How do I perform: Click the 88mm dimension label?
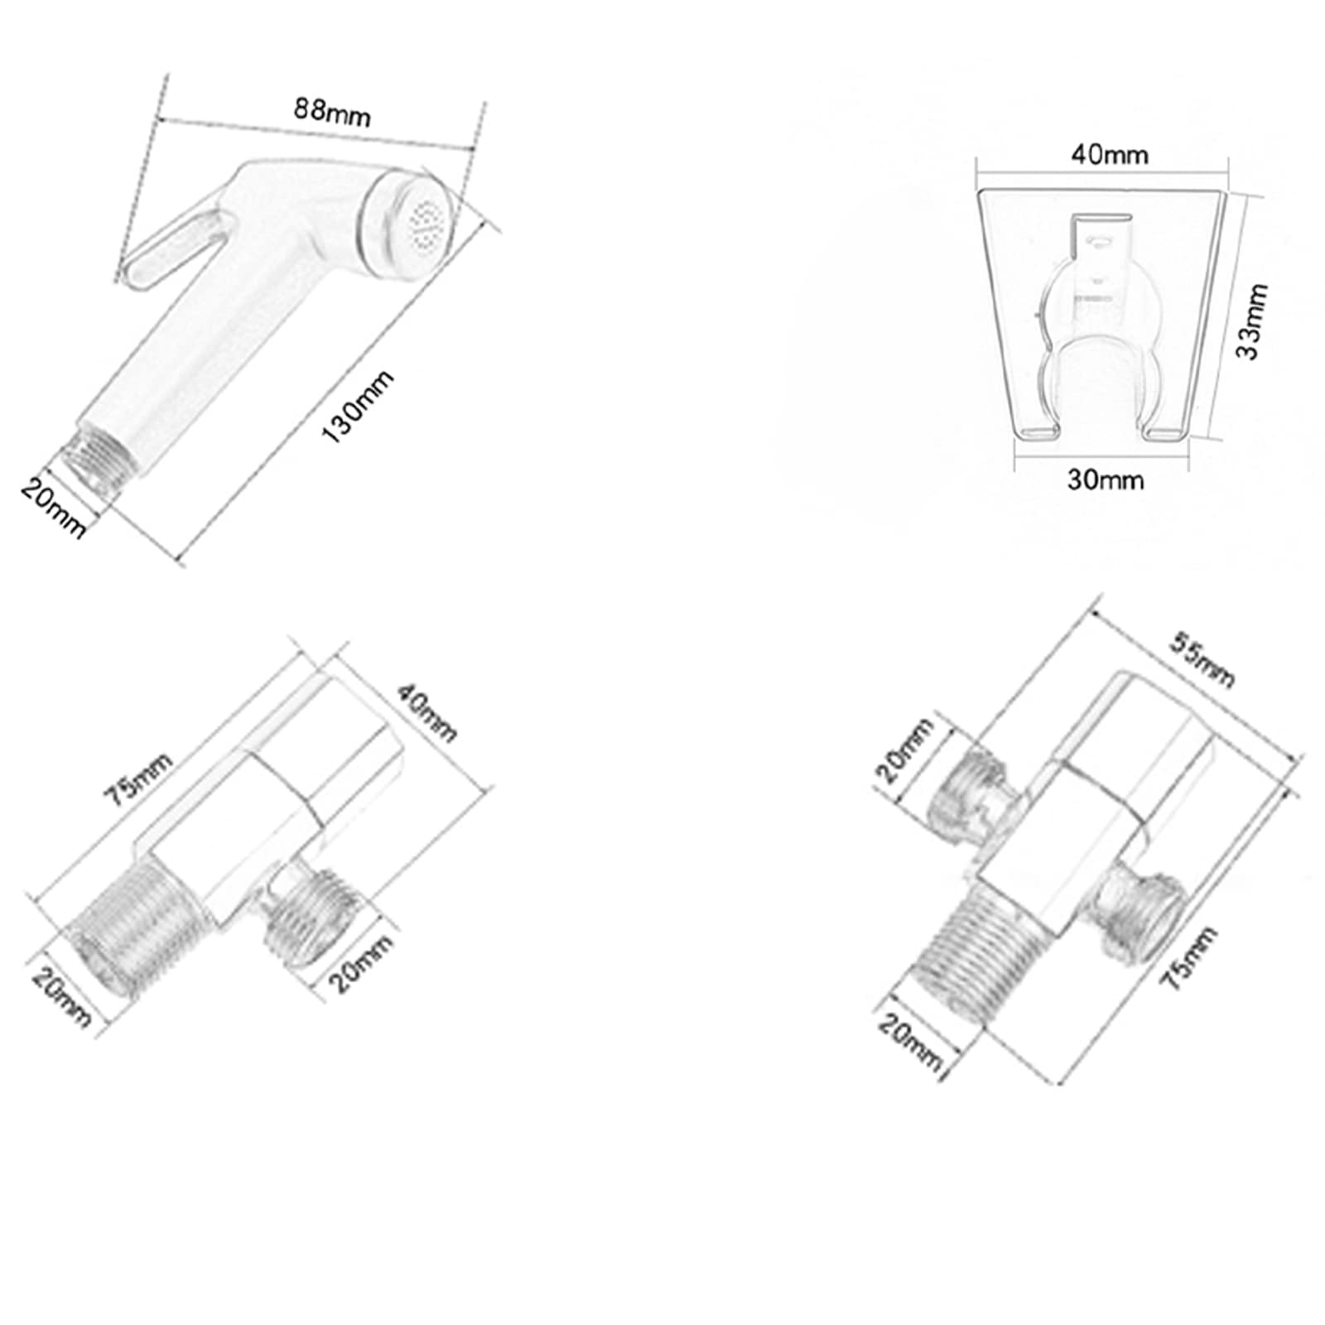(332, 112)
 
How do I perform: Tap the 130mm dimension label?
(358, 407)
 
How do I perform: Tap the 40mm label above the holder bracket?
(1110, 155)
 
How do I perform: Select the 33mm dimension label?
(1250, 320)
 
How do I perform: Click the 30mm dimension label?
(1106, 479)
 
